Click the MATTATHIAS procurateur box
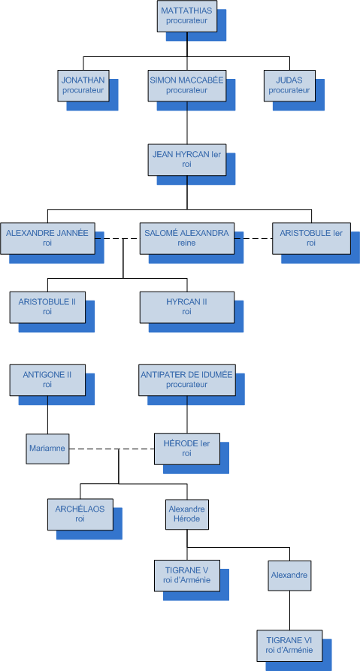click(186, 17)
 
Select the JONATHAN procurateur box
click(83, 86)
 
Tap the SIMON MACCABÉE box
click(187, 86)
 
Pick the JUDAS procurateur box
click(289, 86)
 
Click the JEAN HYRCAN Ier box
click(187, 159)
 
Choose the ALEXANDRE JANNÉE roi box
click(47, 238)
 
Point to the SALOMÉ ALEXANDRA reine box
click(187, 238)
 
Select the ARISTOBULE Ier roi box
click(311, 238)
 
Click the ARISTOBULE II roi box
click(47, 307)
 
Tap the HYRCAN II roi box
click(187, 307)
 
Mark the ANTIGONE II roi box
click(47, 380)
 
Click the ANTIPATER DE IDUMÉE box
click(187, 380)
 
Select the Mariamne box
click(47, 449)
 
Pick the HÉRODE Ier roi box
click(187, 449)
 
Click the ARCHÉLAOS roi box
click(80, 514)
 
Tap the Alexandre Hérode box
click(187, 515)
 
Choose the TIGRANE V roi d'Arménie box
click(187, 576)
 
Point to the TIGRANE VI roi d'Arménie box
click(289, 645)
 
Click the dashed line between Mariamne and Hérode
click(112, 449)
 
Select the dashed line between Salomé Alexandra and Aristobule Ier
click(253, 238)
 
